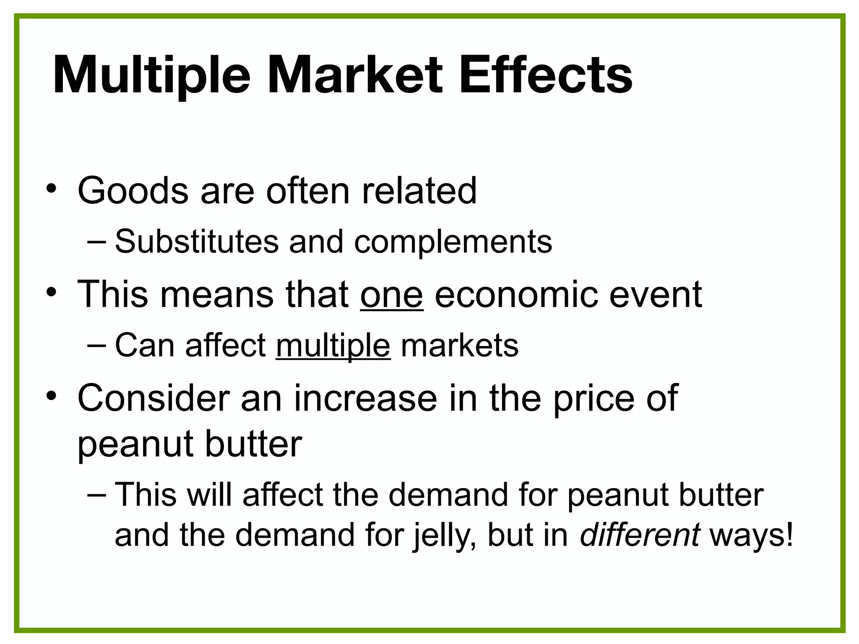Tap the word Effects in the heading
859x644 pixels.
[x=545, y=75]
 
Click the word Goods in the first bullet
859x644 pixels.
[x=133, y=191]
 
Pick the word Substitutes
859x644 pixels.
[x=196, y=242]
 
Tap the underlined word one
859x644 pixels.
[x=391, y=295]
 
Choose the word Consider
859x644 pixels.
[x=154, y=398]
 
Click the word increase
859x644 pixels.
[x=365, y=398]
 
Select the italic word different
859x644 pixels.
[x=639, y=535]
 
